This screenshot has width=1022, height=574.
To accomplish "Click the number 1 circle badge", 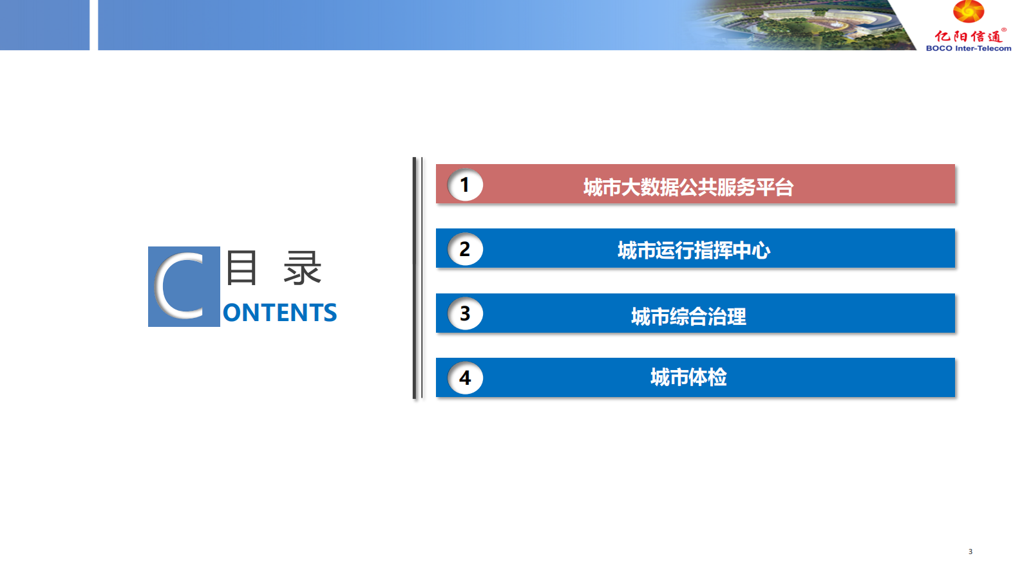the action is [465, 185].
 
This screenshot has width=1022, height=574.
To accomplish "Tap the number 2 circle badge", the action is [465, 249].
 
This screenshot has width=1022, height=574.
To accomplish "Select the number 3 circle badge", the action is [465, 313].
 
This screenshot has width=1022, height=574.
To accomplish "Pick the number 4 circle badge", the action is [465, 378].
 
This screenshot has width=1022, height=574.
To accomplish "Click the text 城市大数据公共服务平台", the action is [688, 187].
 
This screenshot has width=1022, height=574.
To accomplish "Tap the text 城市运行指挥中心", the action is [694, 250].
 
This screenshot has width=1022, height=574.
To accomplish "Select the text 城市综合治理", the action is [688, 316].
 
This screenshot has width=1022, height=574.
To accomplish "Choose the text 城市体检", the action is [688, 377].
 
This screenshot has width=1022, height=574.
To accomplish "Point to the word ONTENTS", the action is [279, 313].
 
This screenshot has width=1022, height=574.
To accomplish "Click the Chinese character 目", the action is [241, 268].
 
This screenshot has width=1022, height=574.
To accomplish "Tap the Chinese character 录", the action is [303, 268].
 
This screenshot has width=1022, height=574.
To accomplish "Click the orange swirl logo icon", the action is [968, 11].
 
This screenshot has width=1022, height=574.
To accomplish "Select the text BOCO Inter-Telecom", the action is [969, 48].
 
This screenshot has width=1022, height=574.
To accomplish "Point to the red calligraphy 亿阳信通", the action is [967, 35].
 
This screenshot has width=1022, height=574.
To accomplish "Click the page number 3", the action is [970, 551].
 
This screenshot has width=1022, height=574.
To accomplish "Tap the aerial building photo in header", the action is [803, 25].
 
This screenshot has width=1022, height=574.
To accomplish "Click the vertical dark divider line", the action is [415, 278].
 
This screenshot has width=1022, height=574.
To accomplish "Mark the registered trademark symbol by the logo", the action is [1004, 30].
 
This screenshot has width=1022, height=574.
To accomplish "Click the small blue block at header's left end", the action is [44, 25].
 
